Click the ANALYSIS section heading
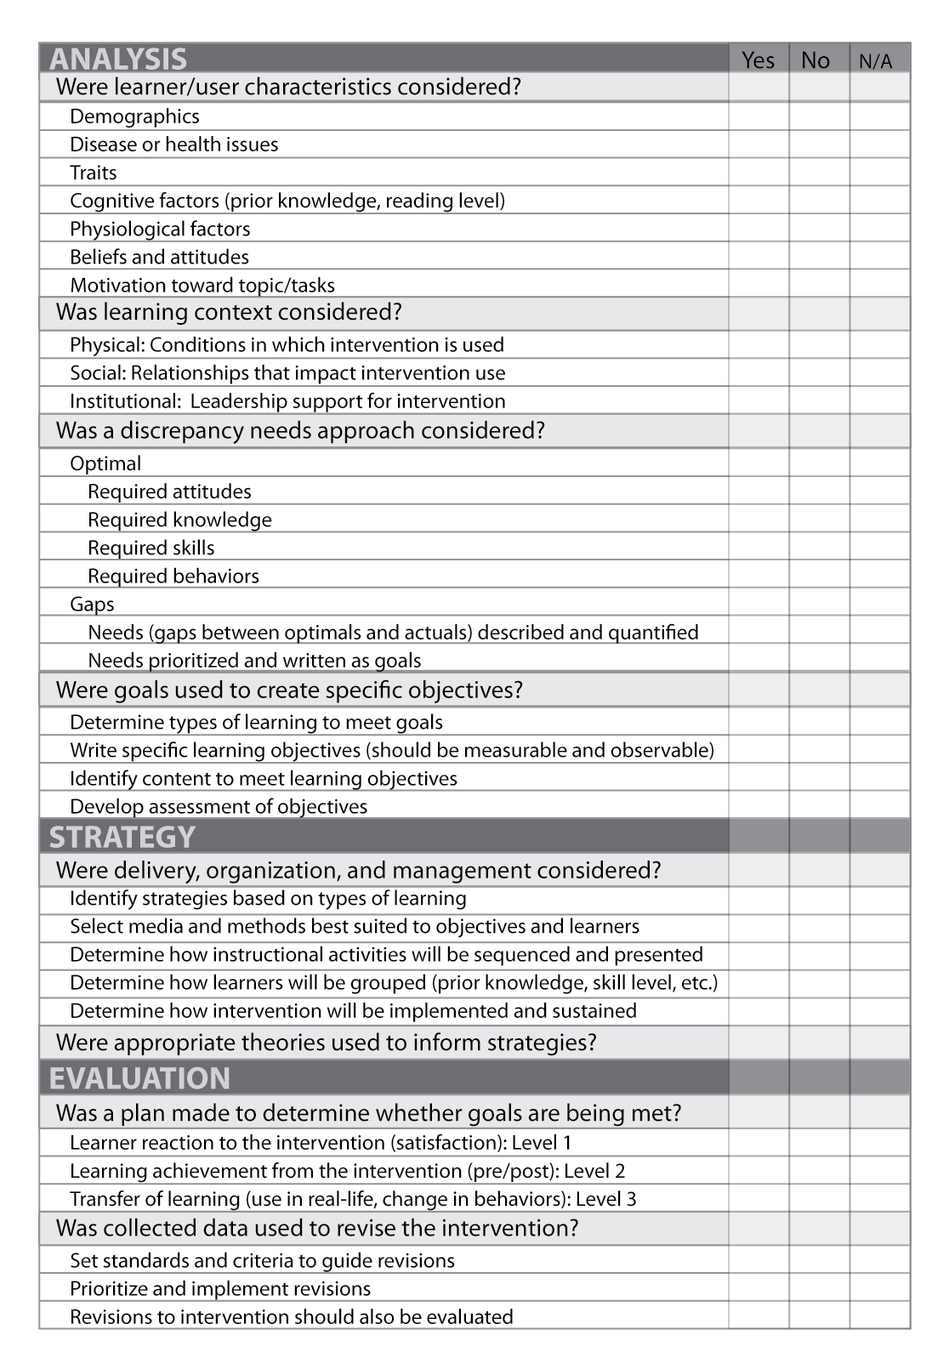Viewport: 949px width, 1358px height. click(x=118, y=59)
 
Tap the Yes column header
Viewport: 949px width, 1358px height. click(x=758, y=60)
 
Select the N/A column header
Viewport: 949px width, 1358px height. click(x=876, y=60)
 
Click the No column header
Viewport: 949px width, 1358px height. click(x=815, y=60)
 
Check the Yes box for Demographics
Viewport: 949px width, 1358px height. click(x=758, y=116)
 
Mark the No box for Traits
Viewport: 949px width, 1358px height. click(x=818, y=173)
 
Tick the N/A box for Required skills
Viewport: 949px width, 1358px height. click(x=879, y=548)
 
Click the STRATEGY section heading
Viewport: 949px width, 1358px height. click(x=122, y=837)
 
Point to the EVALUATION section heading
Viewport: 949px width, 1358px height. click(x=139, y=1077)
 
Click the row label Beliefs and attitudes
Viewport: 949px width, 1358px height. click(x=159, y=257)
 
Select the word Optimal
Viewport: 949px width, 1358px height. click(x=105, y=463)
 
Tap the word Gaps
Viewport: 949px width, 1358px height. click(x=92, y=604)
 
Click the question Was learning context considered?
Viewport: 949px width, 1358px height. click(x=229, y=312)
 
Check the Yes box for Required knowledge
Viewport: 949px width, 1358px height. click(x=758, y=520)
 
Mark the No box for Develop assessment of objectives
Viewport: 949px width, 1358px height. click(x=818, y=806)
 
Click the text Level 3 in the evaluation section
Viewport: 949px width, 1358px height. click(x=605, y=1198)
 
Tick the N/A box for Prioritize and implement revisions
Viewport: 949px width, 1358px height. click(x=879, y=1288)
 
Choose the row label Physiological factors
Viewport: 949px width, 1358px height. click(x=160, y=229)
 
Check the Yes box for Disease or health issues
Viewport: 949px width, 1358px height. click(x=758, y=145)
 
